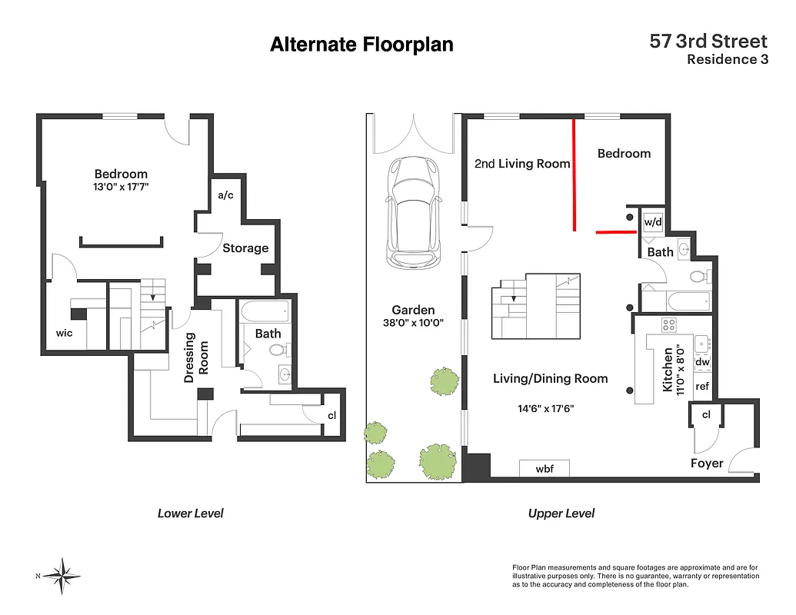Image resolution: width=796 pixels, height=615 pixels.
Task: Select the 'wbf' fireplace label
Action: click(x=545, y=467)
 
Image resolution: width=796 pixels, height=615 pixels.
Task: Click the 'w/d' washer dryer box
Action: click(x=653, y=222)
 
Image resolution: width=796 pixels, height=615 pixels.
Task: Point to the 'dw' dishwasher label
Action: click(x=702, y=361)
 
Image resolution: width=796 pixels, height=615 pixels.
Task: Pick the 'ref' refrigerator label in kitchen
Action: click(x=702, y=387)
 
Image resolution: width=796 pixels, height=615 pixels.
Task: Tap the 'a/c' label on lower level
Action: click(x=225, y=195)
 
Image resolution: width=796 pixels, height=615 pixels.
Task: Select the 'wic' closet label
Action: click(x=64, y=334)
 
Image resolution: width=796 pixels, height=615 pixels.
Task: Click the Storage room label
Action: click(x=245, y=248)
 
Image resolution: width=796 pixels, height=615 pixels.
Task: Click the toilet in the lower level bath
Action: click(x=277, y=351)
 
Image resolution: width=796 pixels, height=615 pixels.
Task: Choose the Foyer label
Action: click(x=706, y=463)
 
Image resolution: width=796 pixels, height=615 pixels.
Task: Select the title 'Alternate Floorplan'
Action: click(x=361, y=45)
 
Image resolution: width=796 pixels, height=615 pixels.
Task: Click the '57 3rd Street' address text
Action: click(x=708, y=41)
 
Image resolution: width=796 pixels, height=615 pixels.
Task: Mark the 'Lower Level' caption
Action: click(x=190, y=514)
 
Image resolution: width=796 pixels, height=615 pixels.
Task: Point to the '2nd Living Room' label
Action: click(x=522, y=164)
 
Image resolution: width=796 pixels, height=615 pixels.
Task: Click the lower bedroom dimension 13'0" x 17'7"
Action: click(x=121, y=187)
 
